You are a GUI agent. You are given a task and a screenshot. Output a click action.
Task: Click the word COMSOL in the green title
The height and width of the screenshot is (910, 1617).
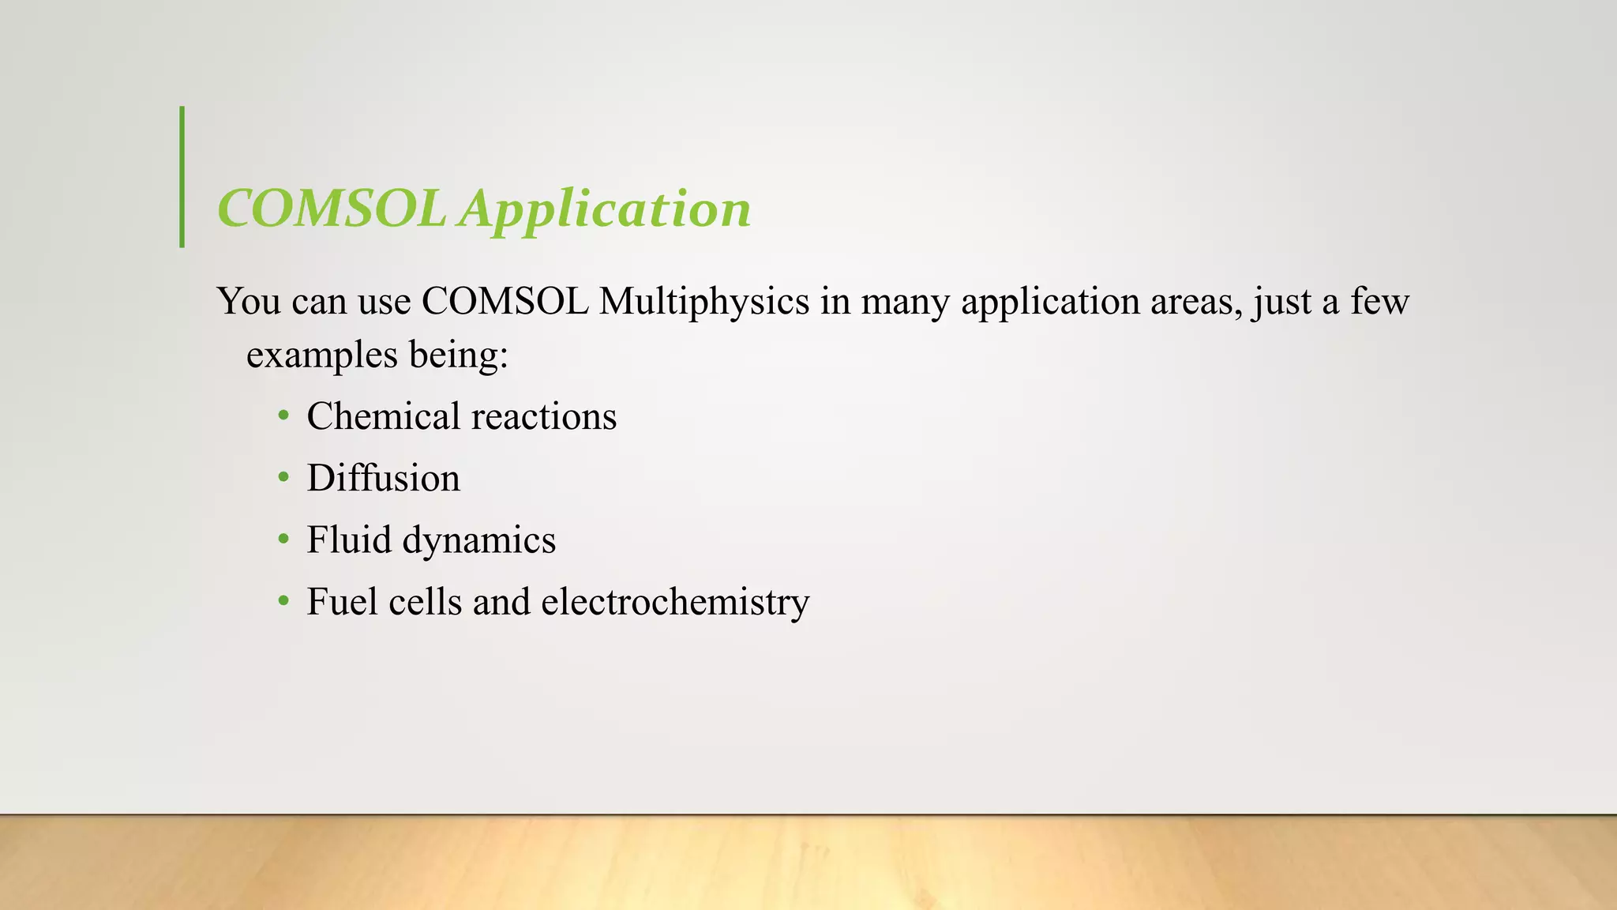point(332,209)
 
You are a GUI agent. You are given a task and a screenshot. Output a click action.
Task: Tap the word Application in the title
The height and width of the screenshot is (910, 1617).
point(606,211)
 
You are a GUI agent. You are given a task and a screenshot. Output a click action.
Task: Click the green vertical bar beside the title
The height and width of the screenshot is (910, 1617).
point(182,176)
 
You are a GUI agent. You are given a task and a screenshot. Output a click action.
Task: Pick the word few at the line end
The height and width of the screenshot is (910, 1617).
point(1379,302)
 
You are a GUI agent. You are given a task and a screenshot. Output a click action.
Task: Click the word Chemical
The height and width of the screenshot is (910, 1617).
point(383,416)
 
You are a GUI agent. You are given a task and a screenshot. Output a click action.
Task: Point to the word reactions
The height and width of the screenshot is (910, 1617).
point(544,417)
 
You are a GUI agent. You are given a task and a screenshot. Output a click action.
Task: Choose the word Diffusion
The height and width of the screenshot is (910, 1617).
point(383,478)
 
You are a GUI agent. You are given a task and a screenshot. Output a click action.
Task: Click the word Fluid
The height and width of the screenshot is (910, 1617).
point(349,540)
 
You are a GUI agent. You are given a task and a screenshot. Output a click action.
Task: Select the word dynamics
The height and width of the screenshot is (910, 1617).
point(479,541)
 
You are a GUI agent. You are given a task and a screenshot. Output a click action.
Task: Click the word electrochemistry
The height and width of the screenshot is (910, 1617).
point(675,602)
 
